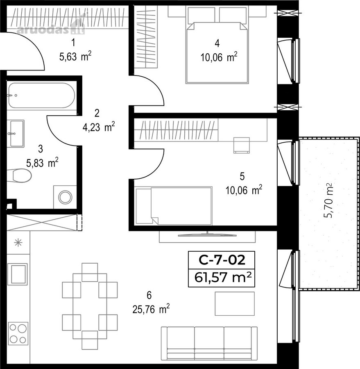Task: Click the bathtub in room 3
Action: tap(42, 95)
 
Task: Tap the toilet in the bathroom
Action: tap(20, 175)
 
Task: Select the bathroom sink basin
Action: tap(17, 133)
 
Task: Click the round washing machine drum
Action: tap(65, 197)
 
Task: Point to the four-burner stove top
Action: tap(18, 333)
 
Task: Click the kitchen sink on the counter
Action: tap(18, 274)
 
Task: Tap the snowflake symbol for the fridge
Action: tap(18, 242)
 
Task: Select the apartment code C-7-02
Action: tap(222, 260)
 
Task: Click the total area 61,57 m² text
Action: tap(223, 277)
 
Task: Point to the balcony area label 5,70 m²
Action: tap(328, 201)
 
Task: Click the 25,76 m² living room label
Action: tap(151, 309)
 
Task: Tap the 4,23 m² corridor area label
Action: tap(99, 127)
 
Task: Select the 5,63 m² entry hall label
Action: tap(75, 57)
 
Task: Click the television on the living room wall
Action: tap(207, 235)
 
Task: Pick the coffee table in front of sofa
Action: tap(235, 303)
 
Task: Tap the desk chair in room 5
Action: tap(242, 145)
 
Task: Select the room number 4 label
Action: tap(217, 43)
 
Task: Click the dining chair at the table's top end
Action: tap(90, 272)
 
